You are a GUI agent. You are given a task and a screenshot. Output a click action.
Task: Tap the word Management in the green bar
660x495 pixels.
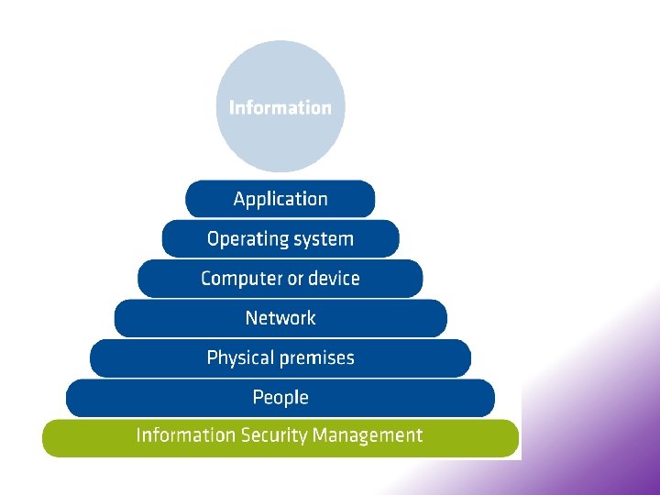pos(368,435)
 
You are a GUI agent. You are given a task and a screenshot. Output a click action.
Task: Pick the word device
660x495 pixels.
pos(335,279)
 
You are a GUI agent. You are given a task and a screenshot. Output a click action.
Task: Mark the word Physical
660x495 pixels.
pos(241,358)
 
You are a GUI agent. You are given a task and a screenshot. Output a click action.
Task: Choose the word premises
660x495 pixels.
pos(318,358)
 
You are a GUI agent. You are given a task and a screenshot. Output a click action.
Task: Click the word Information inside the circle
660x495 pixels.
pos(280,107)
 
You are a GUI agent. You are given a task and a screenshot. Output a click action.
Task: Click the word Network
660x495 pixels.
pos(280,318)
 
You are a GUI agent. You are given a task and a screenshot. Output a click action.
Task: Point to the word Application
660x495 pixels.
pos(280,200)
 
